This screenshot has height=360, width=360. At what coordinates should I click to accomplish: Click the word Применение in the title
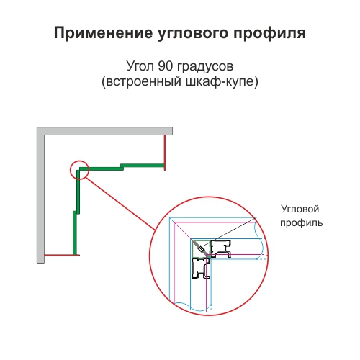pyautogui.click(x=103, y=33)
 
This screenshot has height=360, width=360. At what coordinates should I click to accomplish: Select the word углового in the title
pyautogui.click(x=193, y=34)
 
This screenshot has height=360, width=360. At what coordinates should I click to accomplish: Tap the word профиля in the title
pyautogui.click(x=269, y=34)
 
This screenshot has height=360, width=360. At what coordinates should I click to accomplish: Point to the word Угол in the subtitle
pyautogui.click(x=140, y=66)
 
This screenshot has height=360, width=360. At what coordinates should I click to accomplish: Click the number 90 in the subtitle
pyautogui.click(x=166, y=66)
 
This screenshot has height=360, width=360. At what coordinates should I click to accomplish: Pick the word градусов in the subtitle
pyautogui.click(x=205, y=67)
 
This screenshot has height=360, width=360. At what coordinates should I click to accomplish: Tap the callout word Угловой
pyautogui.click(x=300, y=210)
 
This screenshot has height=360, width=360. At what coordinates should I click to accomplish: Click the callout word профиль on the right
pyautogui.click(x=302, y=223)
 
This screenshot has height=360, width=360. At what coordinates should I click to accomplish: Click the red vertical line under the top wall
pyautogui.click(x=165, y=153)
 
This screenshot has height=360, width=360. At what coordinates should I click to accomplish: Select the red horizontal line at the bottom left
pyautogui.click(x=62, y=255)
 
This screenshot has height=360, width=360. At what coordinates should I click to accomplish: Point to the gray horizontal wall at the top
pyautogui.click(x=104, y=131)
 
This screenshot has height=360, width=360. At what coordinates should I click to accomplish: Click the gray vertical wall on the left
pyautogui.click(x=40, y=195)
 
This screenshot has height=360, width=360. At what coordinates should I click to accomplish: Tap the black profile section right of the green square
pyautogui.click(x=220, y=248)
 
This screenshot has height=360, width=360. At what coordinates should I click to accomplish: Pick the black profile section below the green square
pyautogui.click(x=201, y=268)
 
